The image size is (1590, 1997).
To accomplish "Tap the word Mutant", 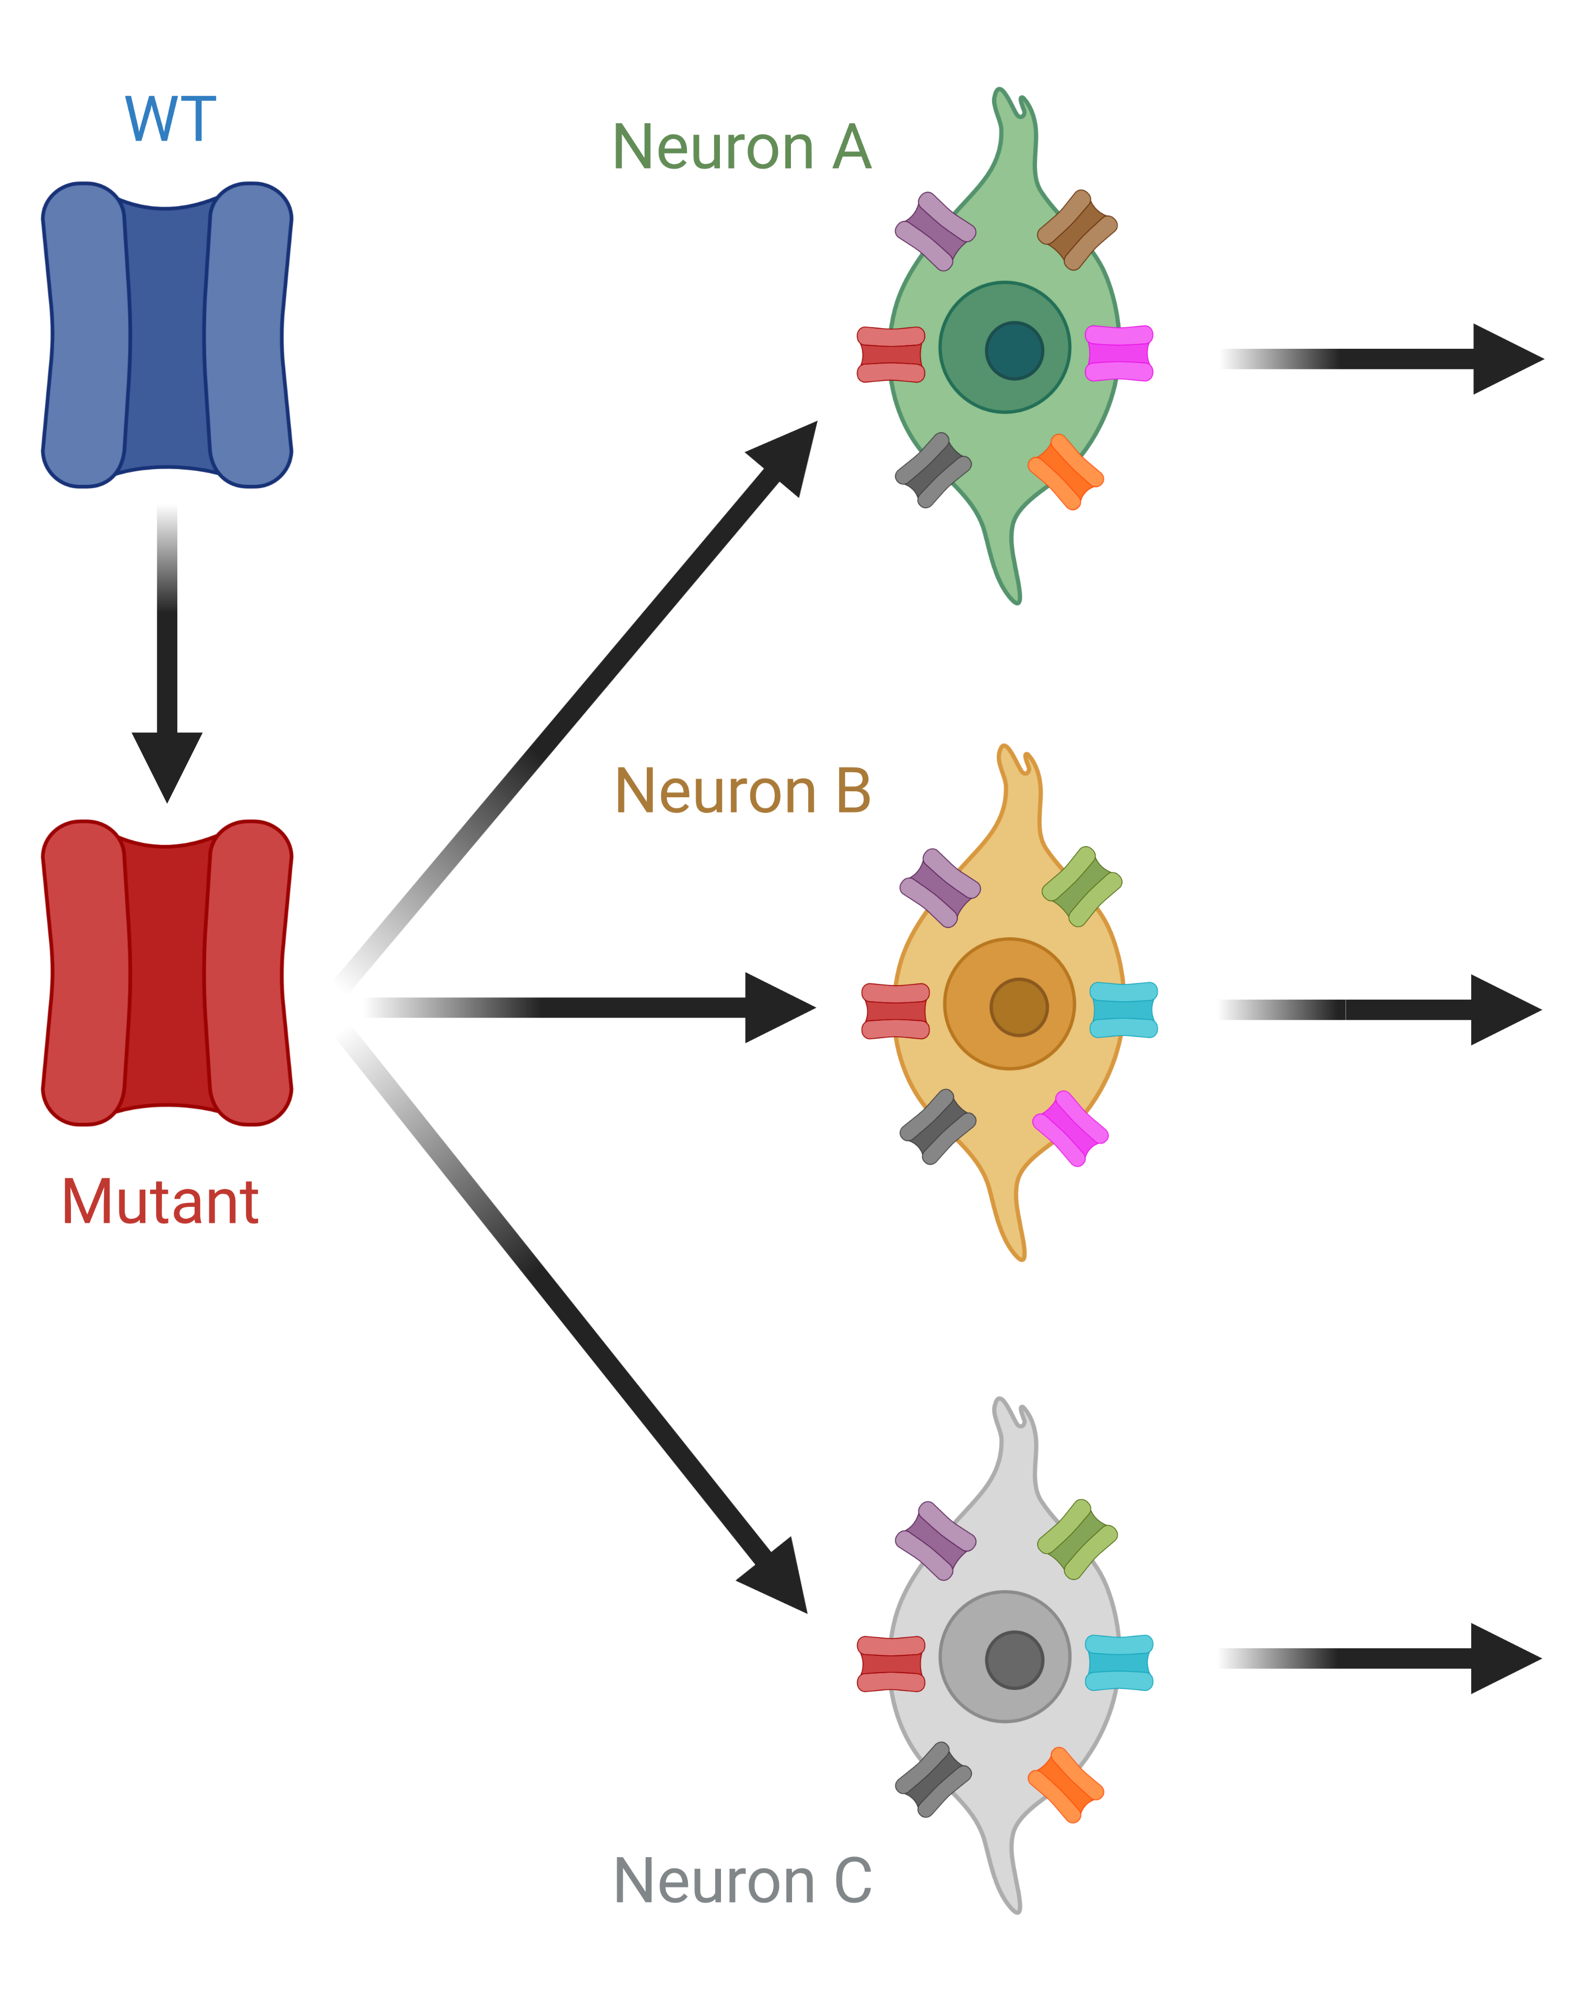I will point(160,1202).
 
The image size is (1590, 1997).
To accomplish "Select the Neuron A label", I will point(742,148).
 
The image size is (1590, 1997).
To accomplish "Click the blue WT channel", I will point(166,335).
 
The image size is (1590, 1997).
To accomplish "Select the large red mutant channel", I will point(166,972).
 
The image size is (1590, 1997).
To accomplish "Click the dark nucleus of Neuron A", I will point(1014,350).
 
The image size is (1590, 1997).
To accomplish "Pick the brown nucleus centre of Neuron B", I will point(1019,1007).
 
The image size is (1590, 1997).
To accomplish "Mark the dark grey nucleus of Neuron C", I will point(1014,1660).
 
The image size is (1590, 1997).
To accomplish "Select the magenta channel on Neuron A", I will point(1119,353).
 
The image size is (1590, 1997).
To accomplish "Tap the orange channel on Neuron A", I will point(1065,471).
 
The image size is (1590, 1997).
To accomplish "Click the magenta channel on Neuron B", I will point(1070,1128).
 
